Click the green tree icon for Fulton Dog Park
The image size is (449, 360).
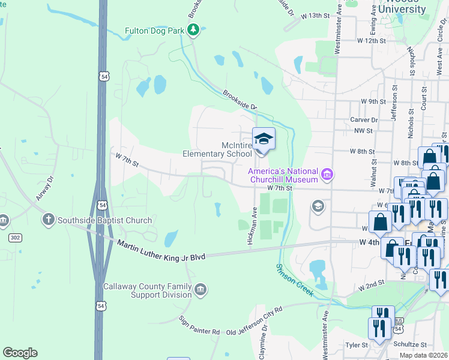(193, 30)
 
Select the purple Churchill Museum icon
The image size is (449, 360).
(327, 175)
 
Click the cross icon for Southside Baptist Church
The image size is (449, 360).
(48, 220)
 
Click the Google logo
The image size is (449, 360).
(20, 353)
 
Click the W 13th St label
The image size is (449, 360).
(316, 15)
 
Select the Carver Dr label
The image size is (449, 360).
(364, 120)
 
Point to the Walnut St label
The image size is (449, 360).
(373, 172)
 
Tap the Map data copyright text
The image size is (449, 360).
(423, 355)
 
